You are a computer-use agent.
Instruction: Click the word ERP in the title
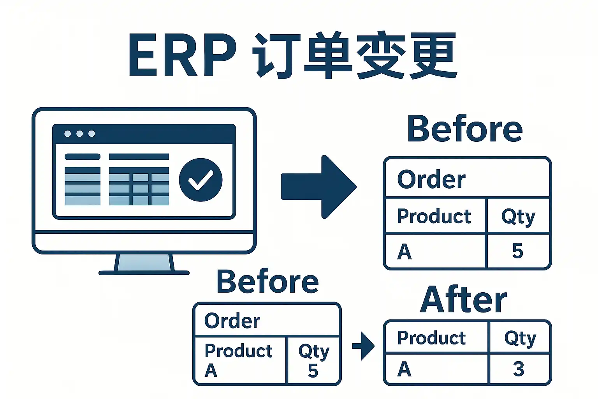182,55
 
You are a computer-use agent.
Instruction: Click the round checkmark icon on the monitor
201,180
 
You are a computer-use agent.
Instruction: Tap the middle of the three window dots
80,134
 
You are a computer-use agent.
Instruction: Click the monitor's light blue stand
144,262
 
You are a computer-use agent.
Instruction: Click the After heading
463,300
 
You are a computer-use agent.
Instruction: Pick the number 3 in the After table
518,369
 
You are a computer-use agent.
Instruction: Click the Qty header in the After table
520,338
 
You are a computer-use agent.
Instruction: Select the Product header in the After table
431,338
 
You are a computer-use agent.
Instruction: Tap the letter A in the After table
404,369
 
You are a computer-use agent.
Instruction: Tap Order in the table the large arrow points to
431,180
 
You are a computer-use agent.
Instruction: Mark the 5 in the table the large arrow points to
517,251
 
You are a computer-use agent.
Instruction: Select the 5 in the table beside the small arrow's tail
313,371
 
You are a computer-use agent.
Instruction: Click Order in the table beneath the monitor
232,321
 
